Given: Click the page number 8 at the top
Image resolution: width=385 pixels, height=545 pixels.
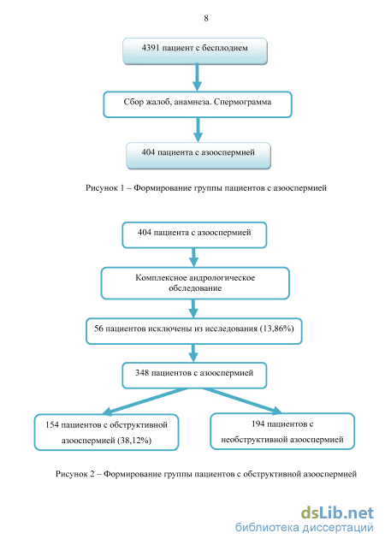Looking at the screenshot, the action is point(206,18).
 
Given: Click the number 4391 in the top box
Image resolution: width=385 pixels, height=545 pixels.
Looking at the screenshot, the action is point(150,48).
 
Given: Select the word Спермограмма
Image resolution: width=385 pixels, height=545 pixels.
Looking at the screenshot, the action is point(242,102).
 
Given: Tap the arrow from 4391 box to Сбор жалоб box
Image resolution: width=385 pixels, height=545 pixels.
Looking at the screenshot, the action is point(197,77).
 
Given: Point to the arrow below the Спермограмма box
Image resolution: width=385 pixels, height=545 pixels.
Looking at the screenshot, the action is point(198,130).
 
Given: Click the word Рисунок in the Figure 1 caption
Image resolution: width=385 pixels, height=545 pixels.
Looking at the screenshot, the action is point(102,188).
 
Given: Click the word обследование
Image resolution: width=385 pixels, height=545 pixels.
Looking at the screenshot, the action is point(195,288).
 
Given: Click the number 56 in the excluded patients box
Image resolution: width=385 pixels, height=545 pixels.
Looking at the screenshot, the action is point(98,329).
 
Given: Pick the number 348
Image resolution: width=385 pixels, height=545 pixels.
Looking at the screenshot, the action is point(142,373).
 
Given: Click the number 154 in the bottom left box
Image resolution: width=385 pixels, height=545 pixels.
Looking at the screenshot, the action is point(52,424).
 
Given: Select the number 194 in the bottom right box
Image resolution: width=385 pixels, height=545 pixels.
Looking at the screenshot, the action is point(258,424).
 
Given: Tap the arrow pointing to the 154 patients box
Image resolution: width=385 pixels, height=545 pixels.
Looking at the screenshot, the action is point(145,401).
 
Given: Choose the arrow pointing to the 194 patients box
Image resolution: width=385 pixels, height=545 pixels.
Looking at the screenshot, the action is point(242,401).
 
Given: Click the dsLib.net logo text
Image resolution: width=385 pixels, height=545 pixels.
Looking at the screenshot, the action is point(337,513).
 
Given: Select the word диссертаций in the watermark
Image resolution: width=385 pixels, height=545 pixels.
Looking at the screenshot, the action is point(338,528).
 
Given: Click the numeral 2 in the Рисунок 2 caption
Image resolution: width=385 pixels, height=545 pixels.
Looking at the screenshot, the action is point(92,474).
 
